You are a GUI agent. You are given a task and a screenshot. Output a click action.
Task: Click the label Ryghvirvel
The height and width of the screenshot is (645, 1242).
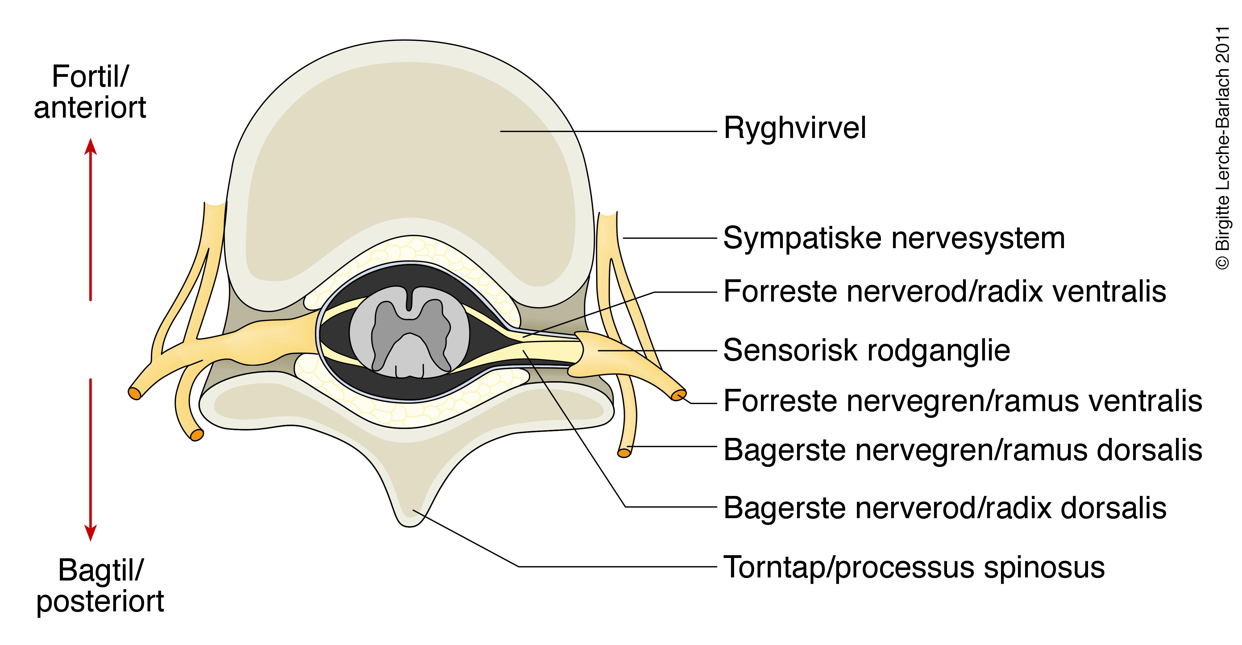tap(795, 128)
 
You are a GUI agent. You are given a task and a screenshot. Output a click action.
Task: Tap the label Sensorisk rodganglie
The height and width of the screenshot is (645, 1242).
tap(866, 351)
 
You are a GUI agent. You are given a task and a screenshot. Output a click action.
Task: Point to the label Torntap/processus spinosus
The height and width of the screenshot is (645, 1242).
tap(914, 568)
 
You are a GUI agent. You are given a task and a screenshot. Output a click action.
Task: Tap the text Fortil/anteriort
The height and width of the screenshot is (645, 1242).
tap(90, 92)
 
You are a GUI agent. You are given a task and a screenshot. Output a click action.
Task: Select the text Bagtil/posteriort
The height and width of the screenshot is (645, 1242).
tap(100, 586)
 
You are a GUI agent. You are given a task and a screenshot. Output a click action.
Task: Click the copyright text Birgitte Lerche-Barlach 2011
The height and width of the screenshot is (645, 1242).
tap(1222, 147)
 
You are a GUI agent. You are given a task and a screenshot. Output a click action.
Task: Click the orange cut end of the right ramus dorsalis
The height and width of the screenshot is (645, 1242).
tap(624, 453)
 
